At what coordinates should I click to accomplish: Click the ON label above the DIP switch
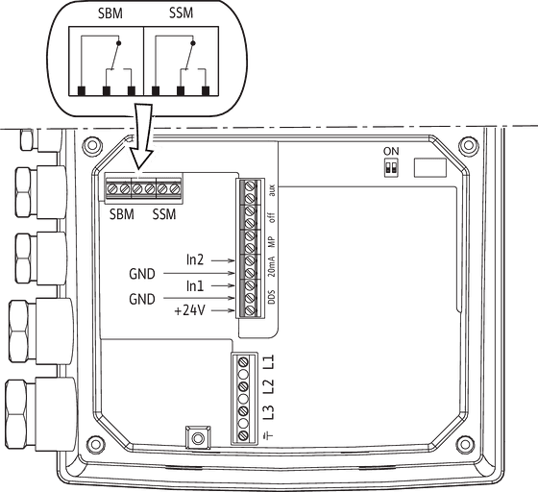(391, 151)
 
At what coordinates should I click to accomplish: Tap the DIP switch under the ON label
(391, 168)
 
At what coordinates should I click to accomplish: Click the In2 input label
(195, 260)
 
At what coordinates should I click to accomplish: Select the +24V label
(190, 310)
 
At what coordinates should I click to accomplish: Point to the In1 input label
(195, 285)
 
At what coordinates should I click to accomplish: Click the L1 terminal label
(270, 362)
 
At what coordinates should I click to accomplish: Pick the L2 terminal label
(270, 386)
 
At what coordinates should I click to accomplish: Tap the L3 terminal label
(270, 412)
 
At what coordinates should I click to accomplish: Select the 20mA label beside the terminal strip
(271, 266)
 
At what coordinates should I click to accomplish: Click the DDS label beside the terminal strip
(271, 297)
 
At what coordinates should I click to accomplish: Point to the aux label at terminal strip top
(272, 190)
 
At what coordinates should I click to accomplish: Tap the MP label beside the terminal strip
(271, 242)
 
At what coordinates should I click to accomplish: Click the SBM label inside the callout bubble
(110, 13)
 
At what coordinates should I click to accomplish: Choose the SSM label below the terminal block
(164, 214)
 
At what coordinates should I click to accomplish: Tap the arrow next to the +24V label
(223, 310)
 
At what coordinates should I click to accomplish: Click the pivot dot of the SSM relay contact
(193, 43)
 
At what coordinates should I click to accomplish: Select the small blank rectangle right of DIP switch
(430, 168)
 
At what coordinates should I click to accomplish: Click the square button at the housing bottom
(198, 437)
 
